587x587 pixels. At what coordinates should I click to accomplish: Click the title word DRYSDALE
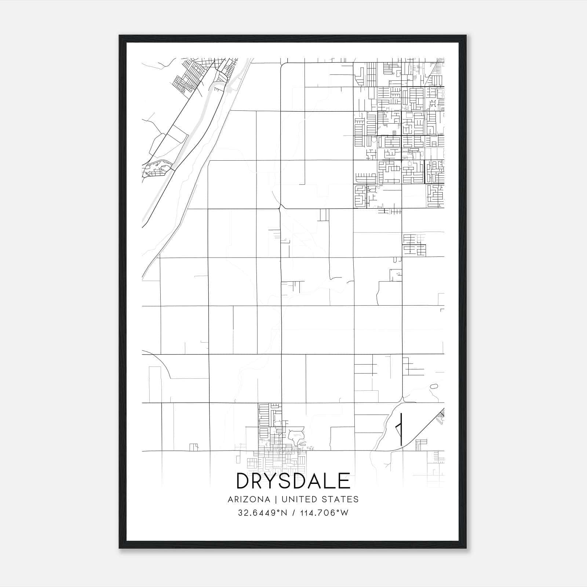(293, 481)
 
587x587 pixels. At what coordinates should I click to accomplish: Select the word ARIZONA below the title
(249, 499)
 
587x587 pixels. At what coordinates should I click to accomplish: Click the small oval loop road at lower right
(434, 386)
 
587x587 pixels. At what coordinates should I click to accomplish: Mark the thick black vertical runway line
(401, 429)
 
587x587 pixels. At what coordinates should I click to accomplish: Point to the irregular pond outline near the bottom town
(296, 436)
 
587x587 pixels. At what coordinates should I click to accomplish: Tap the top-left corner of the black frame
(120, 36)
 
